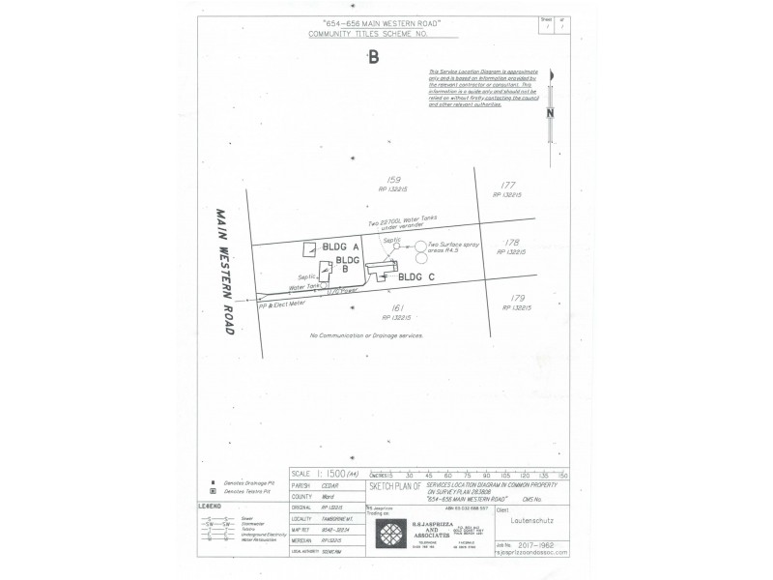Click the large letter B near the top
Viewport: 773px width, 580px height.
373,57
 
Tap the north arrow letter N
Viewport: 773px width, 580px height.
549,112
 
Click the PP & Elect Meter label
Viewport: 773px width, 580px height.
282,304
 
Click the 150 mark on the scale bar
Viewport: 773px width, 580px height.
563,476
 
